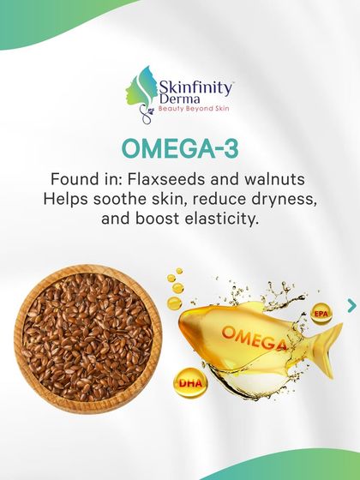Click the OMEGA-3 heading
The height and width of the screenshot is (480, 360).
tap(179, 147)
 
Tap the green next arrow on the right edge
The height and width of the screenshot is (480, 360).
tap(351, 304)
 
